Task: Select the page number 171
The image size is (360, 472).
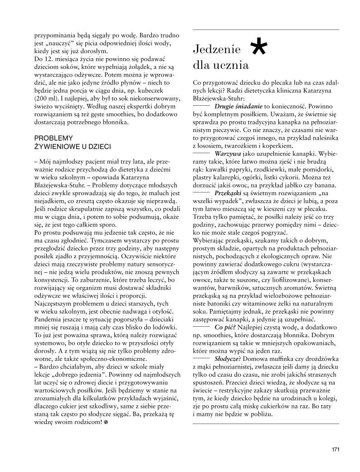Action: pyautogui.click(x=336, y=450)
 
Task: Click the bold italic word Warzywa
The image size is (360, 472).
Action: pyautogui.click(x=228, y=154)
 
